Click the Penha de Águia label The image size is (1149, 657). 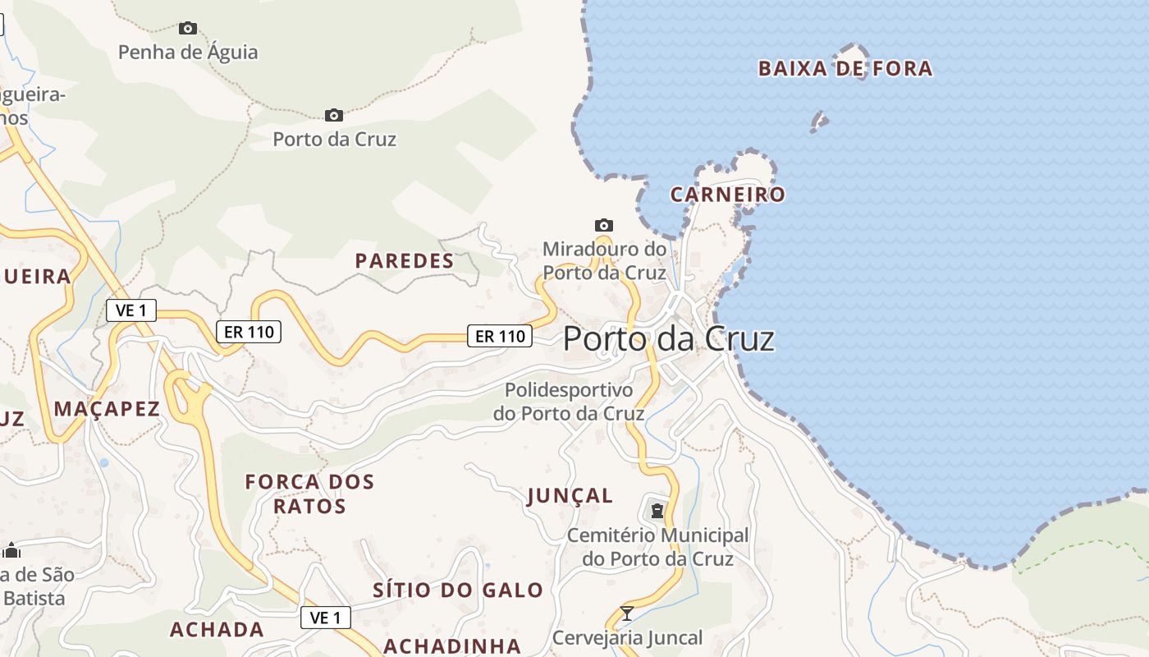pos(188,53)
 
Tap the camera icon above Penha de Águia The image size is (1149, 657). pos(188,29)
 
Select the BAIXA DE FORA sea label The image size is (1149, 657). pos(845,69)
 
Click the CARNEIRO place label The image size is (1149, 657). pos(728,195)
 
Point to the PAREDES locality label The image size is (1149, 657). pos(405,261)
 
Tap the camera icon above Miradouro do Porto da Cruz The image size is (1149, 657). pos(604,225)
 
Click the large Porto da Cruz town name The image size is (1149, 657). pos(669,339)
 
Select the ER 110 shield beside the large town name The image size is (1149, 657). pos(500,336)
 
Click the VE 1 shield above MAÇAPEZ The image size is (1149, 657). pos(131,310)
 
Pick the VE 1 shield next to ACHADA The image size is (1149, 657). pos(326,618)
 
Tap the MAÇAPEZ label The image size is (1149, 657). pos(107,409)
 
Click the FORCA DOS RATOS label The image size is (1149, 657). pos(309,494)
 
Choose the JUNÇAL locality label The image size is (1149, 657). pos(570,496)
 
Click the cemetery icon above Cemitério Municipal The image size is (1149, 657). pos(657,511)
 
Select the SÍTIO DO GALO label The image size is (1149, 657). pos(458,590)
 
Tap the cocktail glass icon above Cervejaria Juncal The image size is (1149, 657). pos(627,613)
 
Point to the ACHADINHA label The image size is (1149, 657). pos(452,646)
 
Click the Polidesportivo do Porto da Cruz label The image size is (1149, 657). pos(569,402)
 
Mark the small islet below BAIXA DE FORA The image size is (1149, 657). pos(819,123)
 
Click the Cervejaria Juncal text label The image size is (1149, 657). pos(627,638)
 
